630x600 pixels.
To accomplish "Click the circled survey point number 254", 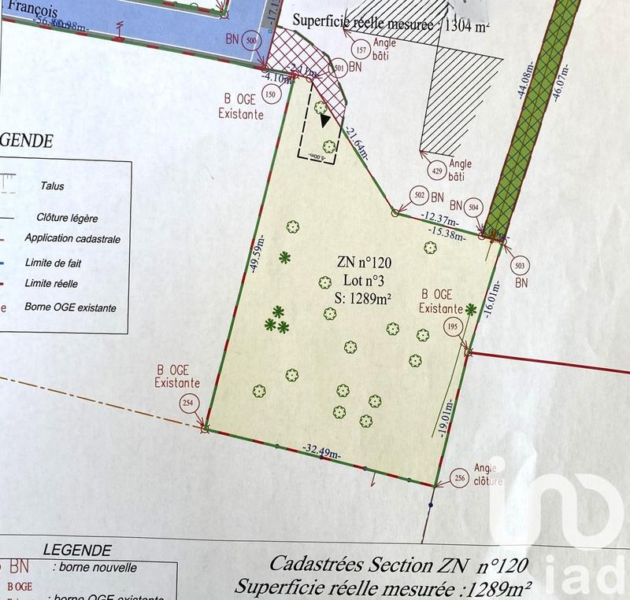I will point(187,403).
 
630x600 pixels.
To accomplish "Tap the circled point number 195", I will point(452,326).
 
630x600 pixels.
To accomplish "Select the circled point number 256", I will point(460,478).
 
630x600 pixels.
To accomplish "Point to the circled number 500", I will point(251,40).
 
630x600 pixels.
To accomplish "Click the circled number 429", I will point(438,171).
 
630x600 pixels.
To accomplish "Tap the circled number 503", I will point(521,265).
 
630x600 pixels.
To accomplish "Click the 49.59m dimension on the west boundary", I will point(253,252).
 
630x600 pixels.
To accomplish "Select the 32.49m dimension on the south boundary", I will point(321,451).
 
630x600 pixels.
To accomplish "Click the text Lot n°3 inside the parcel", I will point(361,280).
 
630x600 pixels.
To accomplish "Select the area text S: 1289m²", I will point(361,296).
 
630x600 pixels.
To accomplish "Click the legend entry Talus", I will point(52,186).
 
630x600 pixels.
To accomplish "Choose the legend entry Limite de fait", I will point(53,263).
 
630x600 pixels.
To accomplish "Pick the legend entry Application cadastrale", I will point(72,238).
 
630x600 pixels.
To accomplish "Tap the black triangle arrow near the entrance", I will point(325,120).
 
